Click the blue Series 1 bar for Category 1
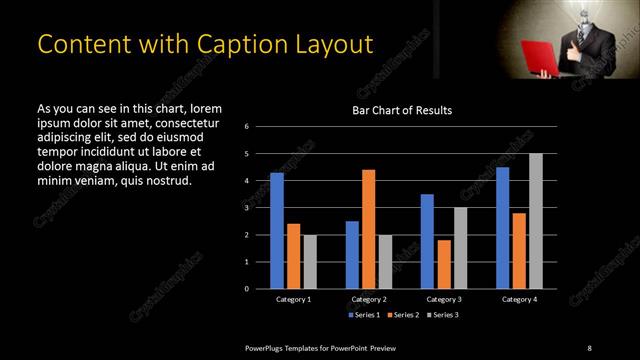coord(277,231)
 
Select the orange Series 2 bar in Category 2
coord(368,229)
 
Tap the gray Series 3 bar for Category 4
coord(535,221)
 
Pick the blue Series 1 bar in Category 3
coord(427,241)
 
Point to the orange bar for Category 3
coord(443,264)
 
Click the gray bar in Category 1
coord(310,261)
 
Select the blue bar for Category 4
coord(502,228)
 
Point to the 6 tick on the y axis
coord(260,127)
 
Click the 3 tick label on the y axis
coord(260,208)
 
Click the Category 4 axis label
coord(518,299)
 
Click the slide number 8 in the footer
coord(589,348)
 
